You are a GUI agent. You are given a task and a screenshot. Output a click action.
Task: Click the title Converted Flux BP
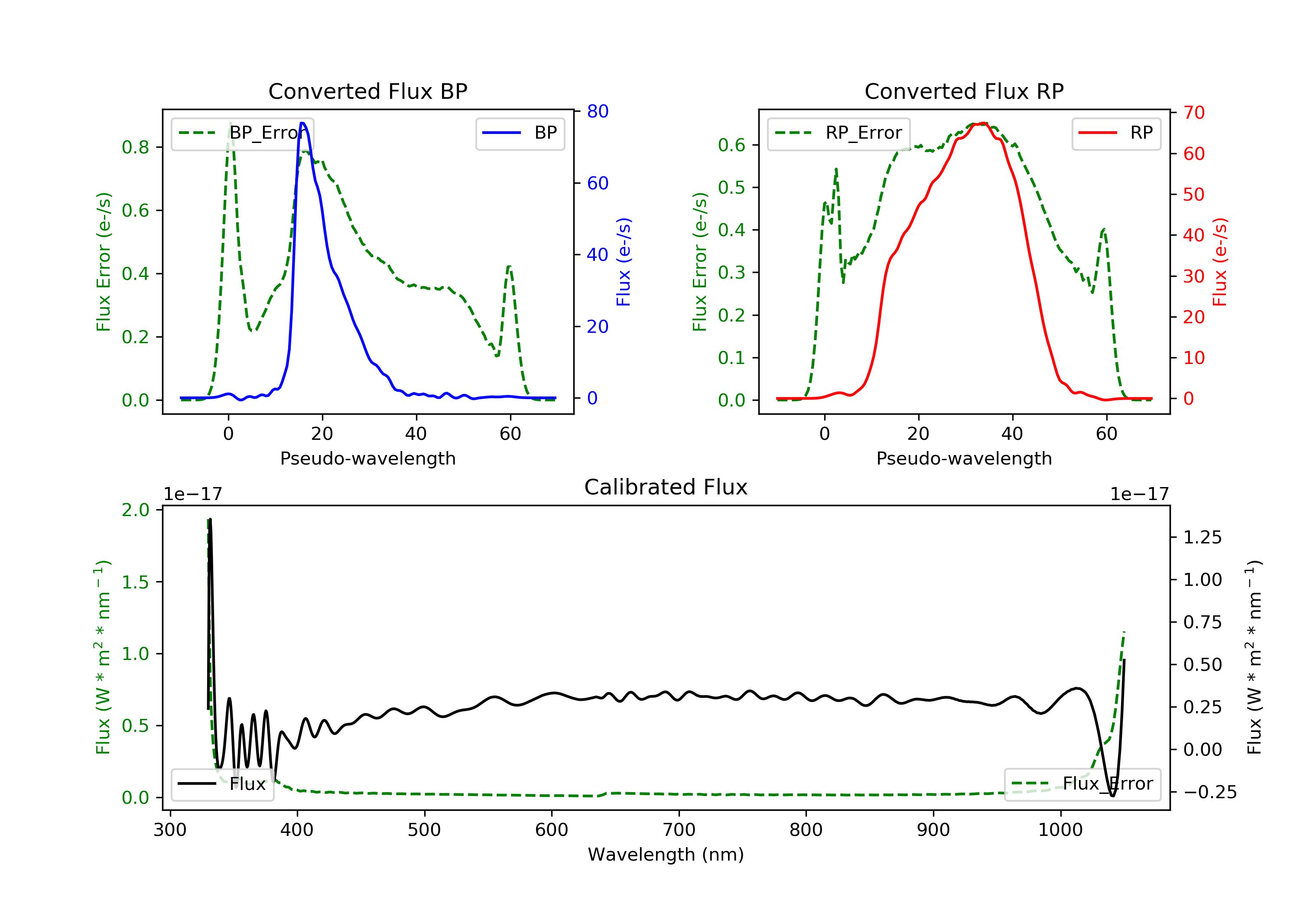[368, 91]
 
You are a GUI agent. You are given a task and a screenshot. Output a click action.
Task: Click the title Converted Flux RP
[964, 91]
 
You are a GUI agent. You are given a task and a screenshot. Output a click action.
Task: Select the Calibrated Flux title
[666, 487]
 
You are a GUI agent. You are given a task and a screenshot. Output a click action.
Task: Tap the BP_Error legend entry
[242, 133]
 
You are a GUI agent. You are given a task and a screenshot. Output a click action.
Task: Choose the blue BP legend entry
[520, 133]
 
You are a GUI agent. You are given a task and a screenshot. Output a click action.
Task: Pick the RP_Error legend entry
[838, 133]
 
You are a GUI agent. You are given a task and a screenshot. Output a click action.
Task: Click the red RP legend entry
[1116, 133]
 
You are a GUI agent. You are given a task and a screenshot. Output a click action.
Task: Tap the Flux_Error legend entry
[1082, 784]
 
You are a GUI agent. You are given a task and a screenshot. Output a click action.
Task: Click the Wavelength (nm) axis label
[666, 855]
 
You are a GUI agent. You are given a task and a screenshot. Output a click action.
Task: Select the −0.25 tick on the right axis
[1210, 792]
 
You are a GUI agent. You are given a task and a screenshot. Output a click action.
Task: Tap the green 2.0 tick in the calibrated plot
[135, 510]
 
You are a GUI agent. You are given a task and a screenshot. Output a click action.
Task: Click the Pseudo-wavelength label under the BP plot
[368, 458]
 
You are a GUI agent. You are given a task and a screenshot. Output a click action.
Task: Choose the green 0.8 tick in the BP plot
[135, 147]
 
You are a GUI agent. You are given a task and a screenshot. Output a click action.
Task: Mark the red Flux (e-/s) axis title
[1219, 262]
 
